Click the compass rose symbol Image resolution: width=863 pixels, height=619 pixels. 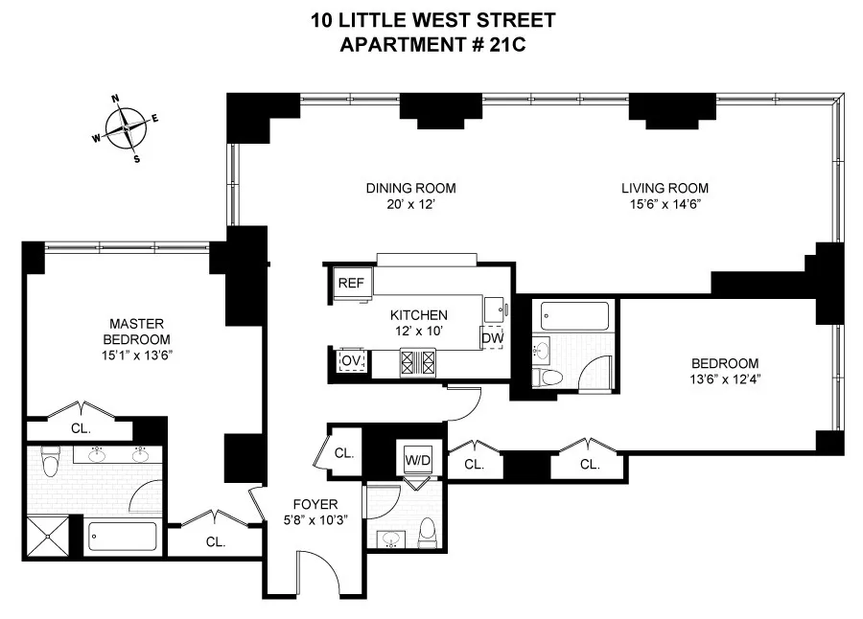[126, 127]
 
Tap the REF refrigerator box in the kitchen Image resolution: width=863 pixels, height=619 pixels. [346, 284]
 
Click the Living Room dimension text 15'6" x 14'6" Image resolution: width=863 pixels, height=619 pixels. [665, 204]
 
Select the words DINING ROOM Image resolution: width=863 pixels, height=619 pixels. [410, 188]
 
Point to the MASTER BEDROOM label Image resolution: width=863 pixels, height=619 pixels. [138, 332]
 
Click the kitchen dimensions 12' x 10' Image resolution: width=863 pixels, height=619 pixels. [418, 331]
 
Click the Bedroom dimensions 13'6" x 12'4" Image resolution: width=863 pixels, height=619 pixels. [725, 379]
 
